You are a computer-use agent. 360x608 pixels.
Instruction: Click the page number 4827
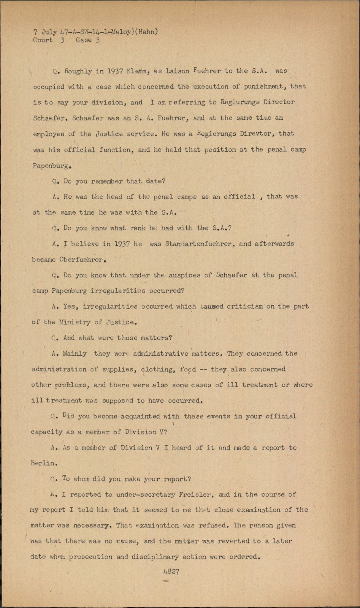tap(171, 572)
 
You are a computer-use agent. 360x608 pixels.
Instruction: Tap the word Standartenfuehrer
tap(198, 244)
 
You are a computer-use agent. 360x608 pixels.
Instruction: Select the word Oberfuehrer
tap(81, 260)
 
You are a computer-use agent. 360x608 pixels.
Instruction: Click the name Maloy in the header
tap(122, 32)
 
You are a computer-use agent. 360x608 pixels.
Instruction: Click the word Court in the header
tap(43, 40)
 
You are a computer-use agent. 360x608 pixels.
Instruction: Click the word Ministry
tap(75, 322)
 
